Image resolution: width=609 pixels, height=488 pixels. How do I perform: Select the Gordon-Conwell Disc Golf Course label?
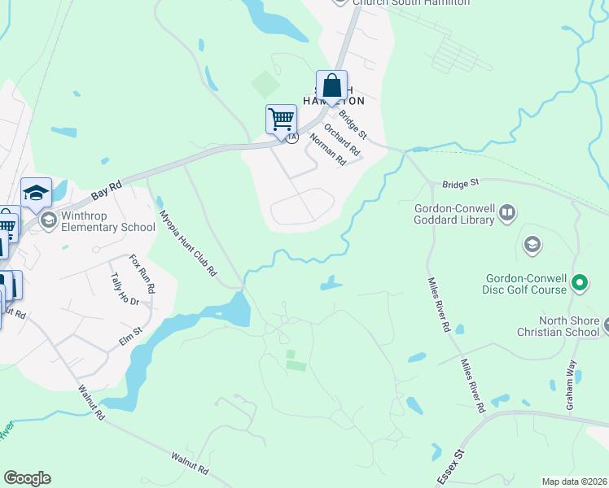pos(518,284)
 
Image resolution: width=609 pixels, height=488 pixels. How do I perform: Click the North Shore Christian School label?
pos(557,326)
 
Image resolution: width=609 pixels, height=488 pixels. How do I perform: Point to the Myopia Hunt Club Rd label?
pos(186,242)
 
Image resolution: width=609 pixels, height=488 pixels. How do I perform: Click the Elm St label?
pos(131,335)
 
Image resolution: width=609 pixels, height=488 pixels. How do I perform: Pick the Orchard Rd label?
pos(341,139)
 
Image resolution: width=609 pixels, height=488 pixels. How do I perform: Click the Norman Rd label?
pos(328,150)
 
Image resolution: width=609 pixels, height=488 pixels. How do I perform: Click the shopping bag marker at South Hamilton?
pos(332,85)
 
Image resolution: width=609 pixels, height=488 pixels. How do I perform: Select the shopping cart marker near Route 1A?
pos(281,119)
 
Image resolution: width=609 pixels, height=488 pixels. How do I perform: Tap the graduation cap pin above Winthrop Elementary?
pos(36,193)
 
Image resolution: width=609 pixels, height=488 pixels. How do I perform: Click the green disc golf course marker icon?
pos(580,284)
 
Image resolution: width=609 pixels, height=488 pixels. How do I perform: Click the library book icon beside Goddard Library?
pos(507,213)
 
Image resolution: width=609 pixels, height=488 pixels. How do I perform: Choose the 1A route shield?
pos(291,137)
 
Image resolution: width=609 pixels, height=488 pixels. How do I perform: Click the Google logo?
pos(27,478)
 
